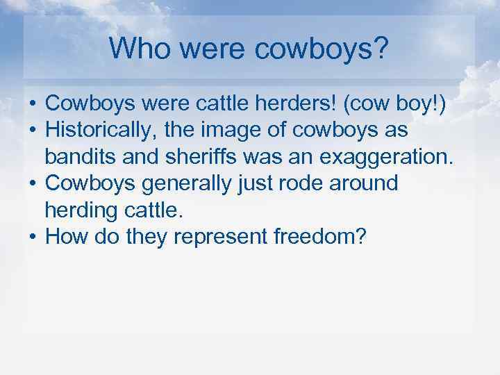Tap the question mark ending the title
(x=383, y=48)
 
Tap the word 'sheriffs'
(x=201, y=157)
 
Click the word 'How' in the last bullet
(x=65, y=237)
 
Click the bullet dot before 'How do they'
(x=33, y=237)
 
